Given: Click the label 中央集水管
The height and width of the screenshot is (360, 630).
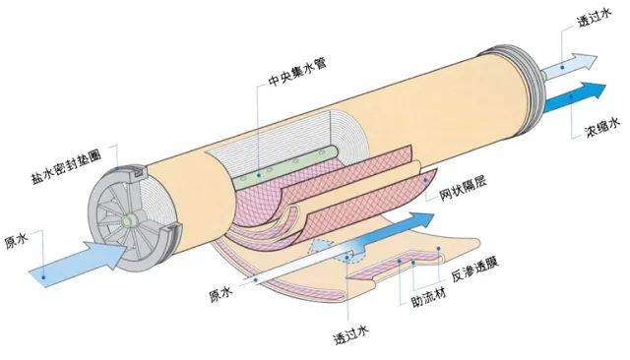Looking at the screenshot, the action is (297, 72).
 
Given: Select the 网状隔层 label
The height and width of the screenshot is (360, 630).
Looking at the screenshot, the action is (462, 188).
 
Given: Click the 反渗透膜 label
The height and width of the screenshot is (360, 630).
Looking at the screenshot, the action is (474, 270).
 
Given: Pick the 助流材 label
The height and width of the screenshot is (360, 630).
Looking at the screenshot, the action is (428, 297).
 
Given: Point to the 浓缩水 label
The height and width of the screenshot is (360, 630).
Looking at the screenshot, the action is (602, 129).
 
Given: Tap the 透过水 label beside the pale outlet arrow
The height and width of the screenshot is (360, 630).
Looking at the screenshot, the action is (595, 18).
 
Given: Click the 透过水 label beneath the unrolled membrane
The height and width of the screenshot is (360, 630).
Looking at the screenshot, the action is (351, 334).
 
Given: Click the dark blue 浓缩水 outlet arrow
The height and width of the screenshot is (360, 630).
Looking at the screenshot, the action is (575, 97).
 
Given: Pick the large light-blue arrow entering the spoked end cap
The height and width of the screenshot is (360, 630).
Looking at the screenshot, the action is (79, 262).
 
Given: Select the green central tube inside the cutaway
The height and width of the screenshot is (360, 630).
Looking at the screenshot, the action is (286, 167).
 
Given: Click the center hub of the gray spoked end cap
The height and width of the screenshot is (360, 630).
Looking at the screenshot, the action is (130, 220).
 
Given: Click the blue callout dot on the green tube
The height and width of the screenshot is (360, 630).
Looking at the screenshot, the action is (258, 175).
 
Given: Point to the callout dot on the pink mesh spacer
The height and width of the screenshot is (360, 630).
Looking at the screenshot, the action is (426, 181).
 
